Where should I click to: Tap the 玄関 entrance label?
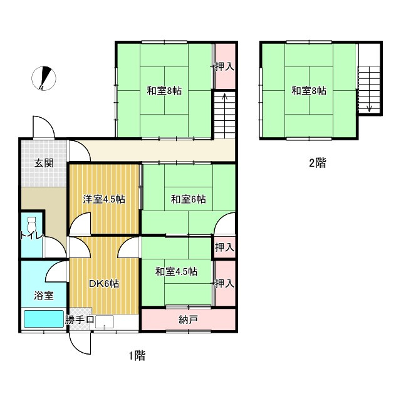(x=43, y=164)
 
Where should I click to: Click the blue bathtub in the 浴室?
(x=44, y=320)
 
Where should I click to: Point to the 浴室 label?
(x=43, y=294)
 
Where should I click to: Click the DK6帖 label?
(x=103, y=283)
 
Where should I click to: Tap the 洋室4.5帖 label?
(x=104, y=199)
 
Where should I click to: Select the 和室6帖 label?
(x=188, y=199)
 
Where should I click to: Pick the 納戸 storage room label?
(x=188, y=320)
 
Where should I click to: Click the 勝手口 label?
(x=80, y=320)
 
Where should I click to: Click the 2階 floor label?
(x=316, y=164)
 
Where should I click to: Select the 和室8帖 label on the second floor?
(x=308, y=90)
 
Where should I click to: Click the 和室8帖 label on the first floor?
(x=164, y=90)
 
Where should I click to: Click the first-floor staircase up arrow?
(x=224, y=99)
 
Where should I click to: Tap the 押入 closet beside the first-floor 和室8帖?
(x=224, y=66)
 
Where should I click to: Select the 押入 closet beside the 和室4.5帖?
(x=224, y=283)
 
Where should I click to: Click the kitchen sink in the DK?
(x=104, y=323)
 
